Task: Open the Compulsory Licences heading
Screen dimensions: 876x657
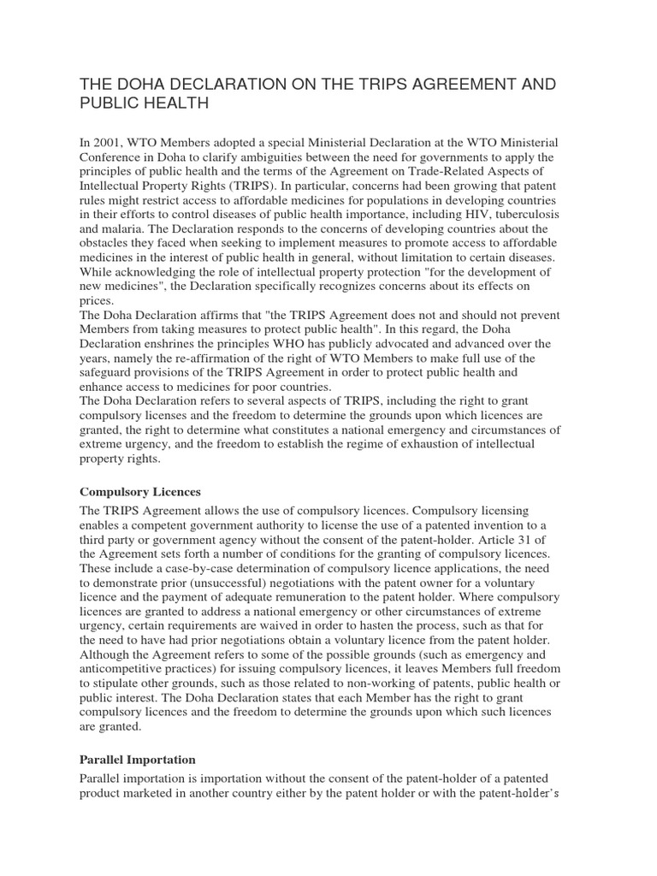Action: click(x=139, y=492)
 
